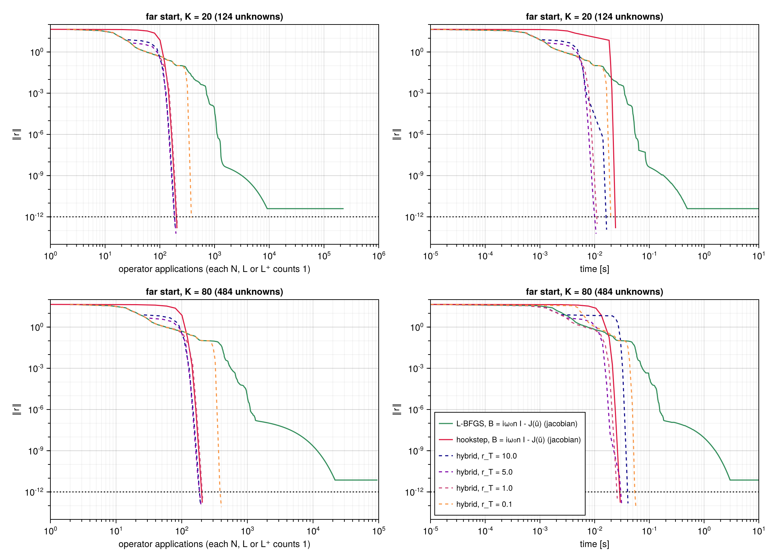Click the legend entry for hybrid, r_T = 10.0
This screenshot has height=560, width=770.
(x=478, y=456)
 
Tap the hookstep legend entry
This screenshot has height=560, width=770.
(x=510, y=440)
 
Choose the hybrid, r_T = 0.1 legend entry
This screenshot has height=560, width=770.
(x=475, y=504)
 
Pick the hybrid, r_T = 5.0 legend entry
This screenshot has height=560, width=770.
(x=476, y=472)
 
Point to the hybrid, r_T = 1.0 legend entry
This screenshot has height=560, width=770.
(x=476, y=488)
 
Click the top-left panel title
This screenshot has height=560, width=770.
(x=215, y=17)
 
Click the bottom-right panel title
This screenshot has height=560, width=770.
(x=594, y=292)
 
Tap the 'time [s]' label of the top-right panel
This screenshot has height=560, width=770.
(x=594, y=269)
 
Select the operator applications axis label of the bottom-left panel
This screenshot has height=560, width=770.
(x=214, y=544)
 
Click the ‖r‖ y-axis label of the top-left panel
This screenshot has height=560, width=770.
(x=17, y=134)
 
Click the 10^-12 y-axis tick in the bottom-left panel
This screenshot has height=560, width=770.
(x=34, y=492)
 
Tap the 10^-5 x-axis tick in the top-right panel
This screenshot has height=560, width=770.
(x=430, y=255)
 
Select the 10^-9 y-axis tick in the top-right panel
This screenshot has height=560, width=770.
(x=416, y=176)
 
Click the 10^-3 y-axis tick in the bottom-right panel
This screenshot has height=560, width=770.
(x=416, y=368)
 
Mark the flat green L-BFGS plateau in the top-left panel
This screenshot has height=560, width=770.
(x=305, y=209)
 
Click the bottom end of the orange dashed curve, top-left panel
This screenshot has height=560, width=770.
(x=191, y=214)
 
